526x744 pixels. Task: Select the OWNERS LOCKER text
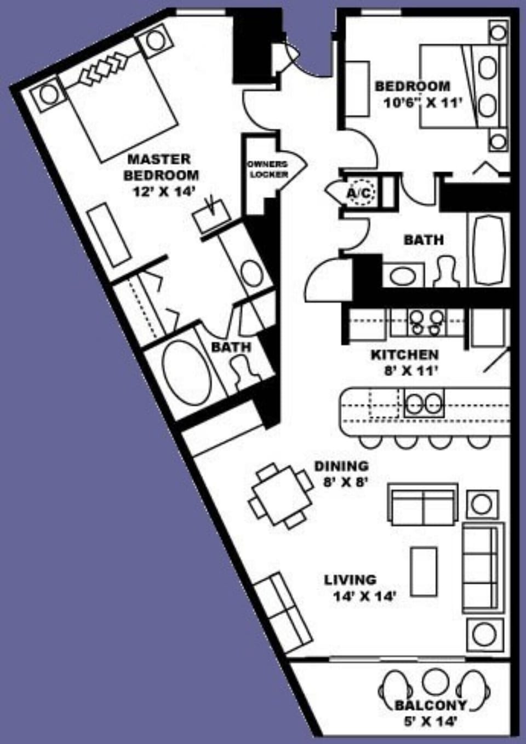point(268,169)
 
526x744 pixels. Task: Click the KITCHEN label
point(404,355)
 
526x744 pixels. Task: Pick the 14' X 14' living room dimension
point(364,596)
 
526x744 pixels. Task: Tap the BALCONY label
point(431,705)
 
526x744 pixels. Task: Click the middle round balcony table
point(436,682)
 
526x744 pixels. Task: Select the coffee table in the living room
point(424,572)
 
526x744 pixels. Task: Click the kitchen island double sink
point(424,403)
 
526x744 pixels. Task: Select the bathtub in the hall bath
point(488,249)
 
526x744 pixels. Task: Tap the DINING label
point(341,466)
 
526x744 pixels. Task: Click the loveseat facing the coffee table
point(423,504)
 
